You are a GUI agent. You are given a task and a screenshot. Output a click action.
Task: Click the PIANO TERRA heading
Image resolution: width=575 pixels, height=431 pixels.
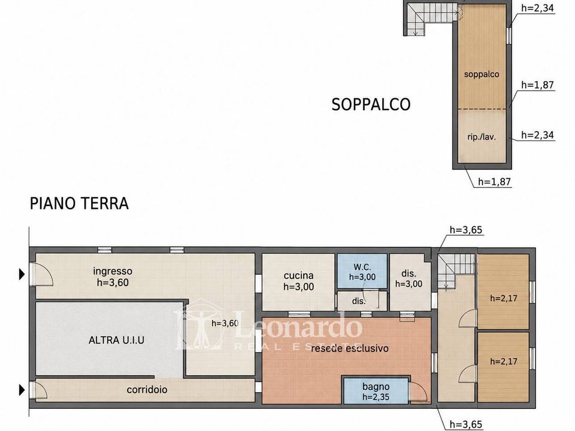click(79, 204)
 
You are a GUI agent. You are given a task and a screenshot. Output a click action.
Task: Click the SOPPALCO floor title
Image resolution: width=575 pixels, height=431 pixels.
click(371, 104)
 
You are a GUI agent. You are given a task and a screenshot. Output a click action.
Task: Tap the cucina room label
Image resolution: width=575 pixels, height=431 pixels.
click(298, 275)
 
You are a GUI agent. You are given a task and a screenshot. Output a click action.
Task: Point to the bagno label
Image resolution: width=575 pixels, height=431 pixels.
click(376, 387)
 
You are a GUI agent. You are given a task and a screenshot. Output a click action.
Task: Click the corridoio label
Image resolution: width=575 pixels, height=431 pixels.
click(147, 390)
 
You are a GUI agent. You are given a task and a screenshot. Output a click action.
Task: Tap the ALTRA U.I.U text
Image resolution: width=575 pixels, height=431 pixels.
click(116, 340)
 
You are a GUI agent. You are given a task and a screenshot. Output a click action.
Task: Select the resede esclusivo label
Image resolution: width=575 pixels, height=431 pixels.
click(349, 348)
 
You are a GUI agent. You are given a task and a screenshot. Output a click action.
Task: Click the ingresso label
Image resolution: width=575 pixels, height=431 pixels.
click(112, 271)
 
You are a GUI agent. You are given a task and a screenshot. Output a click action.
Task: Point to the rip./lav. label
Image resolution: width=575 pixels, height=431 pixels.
click(482, 138)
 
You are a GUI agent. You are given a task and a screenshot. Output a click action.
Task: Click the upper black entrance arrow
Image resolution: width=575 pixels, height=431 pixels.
click(22, 274)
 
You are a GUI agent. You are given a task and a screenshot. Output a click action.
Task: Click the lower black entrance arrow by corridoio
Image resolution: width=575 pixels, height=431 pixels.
click(22, 390)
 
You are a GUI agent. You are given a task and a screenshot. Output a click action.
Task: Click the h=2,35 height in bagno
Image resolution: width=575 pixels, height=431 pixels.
click(376, 397)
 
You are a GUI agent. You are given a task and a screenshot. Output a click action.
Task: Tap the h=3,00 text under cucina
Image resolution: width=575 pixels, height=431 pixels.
click(298, 287)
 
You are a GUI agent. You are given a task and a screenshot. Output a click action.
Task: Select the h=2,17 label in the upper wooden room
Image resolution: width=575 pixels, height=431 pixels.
click(504, 298)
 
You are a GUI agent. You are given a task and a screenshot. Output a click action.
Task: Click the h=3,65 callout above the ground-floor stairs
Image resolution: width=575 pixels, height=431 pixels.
click(466, 230)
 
